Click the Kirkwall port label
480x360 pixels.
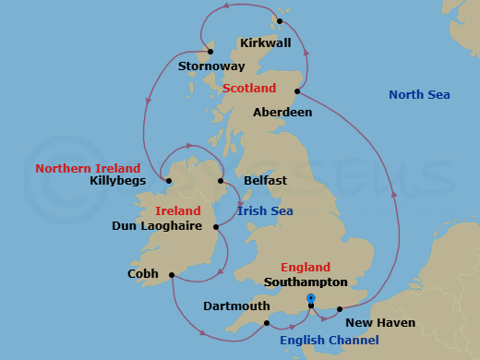pyautogui.click(x=265, y=43)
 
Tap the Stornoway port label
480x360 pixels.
pyautogui.click(x=211, y=66)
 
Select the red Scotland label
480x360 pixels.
pyautogui.click(x=249, y=89)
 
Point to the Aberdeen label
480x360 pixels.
pyautogui.click(x=282, y=113)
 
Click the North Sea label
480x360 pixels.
pyautogui.click(x=418, y=95)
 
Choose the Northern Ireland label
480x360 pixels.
pyautogui.click(x=88, y=169)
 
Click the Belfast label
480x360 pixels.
pyautogui.click(x=266, y=181)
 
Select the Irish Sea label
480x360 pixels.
pyautogui.click(x=265, y=211)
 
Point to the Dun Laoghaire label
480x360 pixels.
pyautogui.click(x=157, y=225)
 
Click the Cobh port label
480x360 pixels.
pyautogui.click(x=143, y=274)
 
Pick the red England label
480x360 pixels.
pyautogui.click(x=306, y=268)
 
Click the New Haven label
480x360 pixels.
pyautogui.click(x=379, y=323)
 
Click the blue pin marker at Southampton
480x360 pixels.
pyautogui.click(x=311, y=299)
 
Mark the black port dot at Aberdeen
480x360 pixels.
pyautogui.click(x=297, y=91)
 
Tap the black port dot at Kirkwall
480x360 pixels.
pyautogui.click(x=281, y=21)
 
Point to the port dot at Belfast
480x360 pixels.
pyautogui.click(x=222, y=181)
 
